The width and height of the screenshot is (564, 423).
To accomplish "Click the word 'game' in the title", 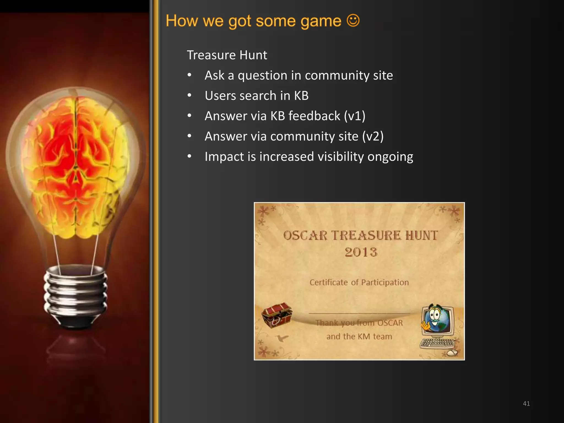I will (321, 21).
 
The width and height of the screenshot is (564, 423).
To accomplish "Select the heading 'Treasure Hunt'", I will (227, 55).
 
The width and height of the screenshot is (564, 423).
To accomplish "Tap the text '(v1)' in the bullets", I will (355, 116).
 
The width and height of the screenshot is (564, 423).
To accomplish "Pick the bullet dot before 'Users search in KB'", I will (189, 96).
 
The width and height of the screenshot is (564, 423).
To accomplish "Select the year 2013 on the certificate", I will (361, 252).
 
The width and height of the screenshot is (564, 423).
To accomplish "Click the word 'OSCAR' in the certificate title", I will (305, 236).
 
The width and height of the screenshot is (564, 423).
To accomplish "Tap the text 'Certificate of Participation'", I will (359, 282).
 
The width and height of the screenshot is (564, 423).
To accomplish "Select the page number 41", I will (526, 403).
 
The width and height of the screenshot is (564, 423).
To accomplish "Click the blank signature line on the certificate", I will (359, 313).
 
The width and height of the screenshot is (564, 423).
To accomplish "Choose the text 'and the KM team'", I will (359, 336).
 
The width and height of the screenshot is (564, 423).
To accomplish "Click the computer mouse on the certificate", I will (452, 353).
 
